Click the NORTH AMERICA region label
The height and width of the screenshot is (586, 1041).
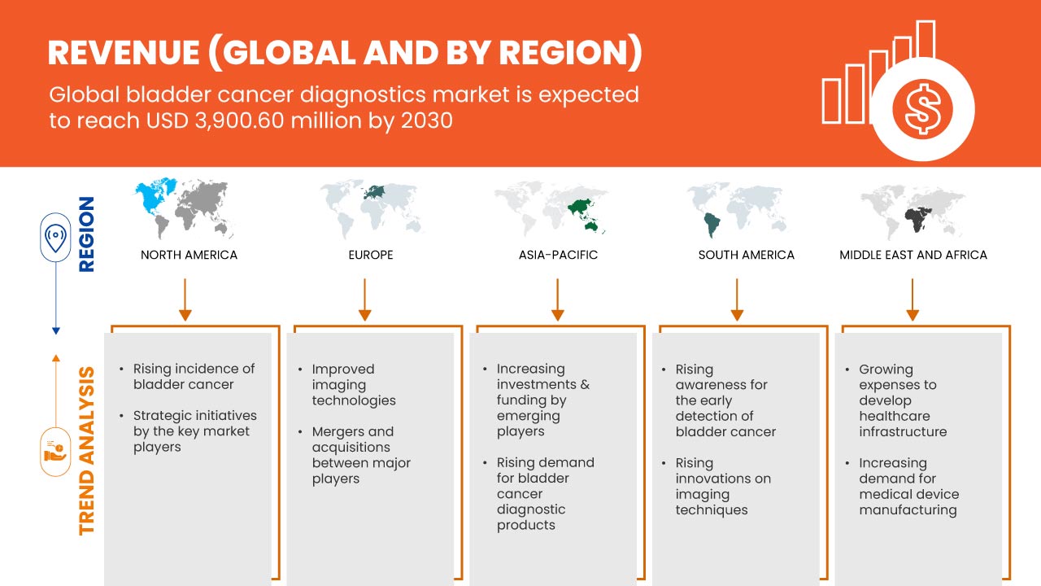[189, 255]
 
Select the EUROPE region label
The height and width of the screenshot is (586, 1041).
[370, 255]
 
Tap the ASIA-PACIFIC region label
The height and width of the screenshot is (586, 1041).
[558, 255]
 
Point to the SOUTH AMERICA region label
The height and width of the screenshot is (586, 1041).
[746, 255]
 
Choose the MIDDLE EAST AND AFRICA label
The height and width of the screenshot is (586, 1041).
[913, 255]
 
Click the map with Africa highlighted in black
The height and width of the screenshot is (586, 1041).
[913, 208]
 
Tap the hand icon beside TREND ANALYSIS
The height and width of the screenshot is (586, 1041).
[55, 451]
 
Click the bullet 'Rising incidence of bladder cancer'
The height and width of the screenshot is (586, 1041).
[194, 377]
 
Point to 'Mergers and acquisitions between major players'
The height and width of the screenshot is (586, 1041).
[361, 455]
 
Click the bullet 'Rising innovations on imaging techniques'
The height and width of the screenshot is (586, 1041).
[723, 486]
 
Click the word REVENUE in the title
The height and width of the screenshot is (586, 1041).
[121, 53]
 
